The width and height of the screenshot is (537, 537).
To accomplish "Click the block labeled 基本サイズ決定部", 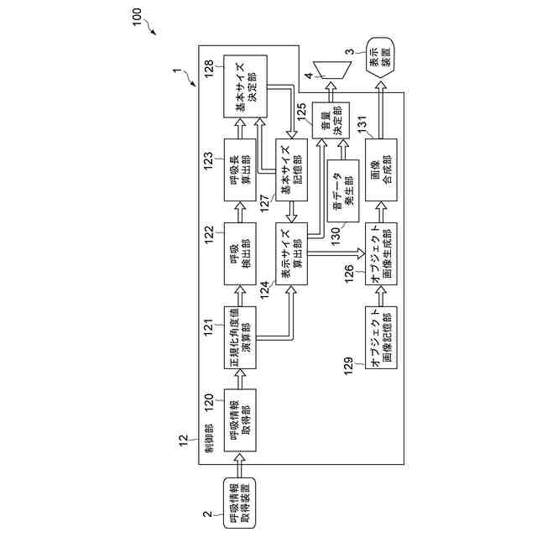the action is (x=245, y=86).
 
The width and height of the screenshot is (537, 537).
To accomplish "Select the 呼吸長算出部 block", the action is (x=240, y=169).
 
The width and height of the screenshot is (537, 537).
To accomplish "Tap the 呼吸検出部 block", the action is (x=240, y=253).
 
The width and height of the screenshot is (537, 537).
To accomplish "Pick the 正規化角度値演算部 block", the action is (x=240, y=337).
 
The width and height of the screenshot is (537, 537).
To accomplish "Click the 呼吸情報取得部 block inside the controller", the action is (x=240, y=420).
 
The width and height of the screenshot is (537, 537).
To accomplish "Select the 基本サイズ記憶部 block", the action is (x=291, y=169).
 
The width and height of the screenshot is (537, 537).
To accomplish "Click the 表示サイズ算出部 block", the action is (x=291, y=253).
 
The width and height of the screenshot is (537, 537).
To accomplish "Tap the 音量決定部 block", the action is (x=331, y=120).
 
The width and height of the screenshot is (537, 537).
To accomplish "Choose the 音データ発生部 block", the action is (x=343, y=190).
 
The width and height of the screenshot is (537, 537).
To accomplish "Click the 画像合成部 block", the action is (x=381, y=169).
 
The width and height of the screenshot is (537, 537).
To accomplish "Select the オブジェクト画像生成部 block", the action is (x=381, y=253).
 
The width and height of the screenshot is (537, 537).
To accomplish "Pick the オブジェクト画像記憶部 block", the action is (x=381, y=337).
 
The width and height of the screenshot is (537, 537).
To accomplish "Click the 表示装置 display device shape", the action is (x=380, y=57).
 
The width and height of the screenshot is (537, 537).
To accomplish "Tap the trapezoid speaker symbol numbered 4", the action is (x=332, y=70).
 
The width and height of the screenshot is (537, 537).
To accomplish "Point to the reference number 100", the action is (x=138, y=17).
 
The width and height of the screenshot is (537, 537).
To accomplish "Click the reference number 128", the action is (x=209, y=69).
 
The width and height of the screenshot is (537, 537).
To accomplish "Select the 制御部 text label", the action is (x=209, y=438).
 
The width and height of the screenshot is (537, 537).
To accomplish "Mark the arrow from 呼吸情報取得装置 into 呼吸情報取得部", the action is (x=240, y=465).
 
